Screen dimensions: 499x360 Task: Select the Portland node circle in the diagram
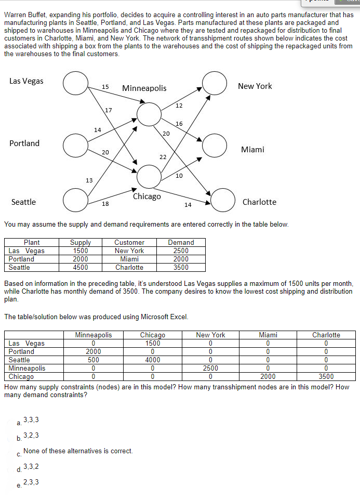(76, 145)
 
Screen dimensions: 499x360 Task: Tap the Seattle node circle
(76, 200)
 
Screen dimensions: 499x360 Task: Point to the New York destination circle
(215, 83)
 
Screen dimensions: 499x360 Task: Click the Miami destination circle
(215, 146)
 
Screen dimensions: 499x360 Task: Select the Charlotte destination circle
(223, 201)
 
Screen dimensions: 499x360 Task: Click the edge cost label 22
(163, 156)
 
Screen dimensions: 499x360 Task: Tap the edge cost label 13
(89, 180)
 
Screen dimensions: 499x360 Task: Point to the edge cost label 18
(105, 204)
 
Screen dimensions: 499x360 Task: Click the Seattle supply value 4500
(80, 267)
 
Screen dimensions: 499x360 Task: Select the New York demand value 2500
(181, 251)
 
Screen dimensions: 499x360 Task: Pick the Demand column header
(181, 242)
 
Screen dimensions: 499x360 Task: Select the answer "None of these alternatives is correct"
(78, 451)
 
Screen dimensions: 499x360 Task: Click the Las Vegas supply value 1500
(80, 251)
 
